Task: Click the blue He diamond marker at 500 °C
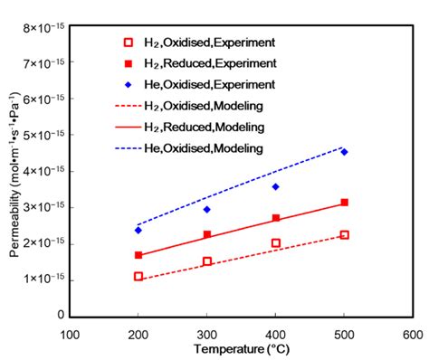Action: [344, 152]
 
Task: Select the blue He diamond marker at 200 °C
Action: [138, 230]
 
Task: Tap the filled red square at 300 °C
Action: [206, 234]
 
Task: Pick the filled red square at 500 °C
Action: [344, 203]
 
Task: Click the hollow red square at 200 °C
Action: [138, 276]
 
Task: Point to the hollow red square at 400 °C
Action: [276, 242]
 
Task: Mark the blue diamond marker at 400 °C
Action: [276, 186]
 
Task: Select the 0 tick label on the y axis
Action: [60, 316]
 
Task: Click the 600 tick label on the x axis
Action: [413, 334]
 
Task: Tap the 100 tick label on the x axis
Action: [70, 334]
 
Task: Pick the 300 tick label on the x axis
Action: [206, 334]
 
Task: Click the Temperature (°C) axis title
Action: [241, 349]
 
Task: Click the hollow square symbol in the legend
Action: [128, 43]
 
